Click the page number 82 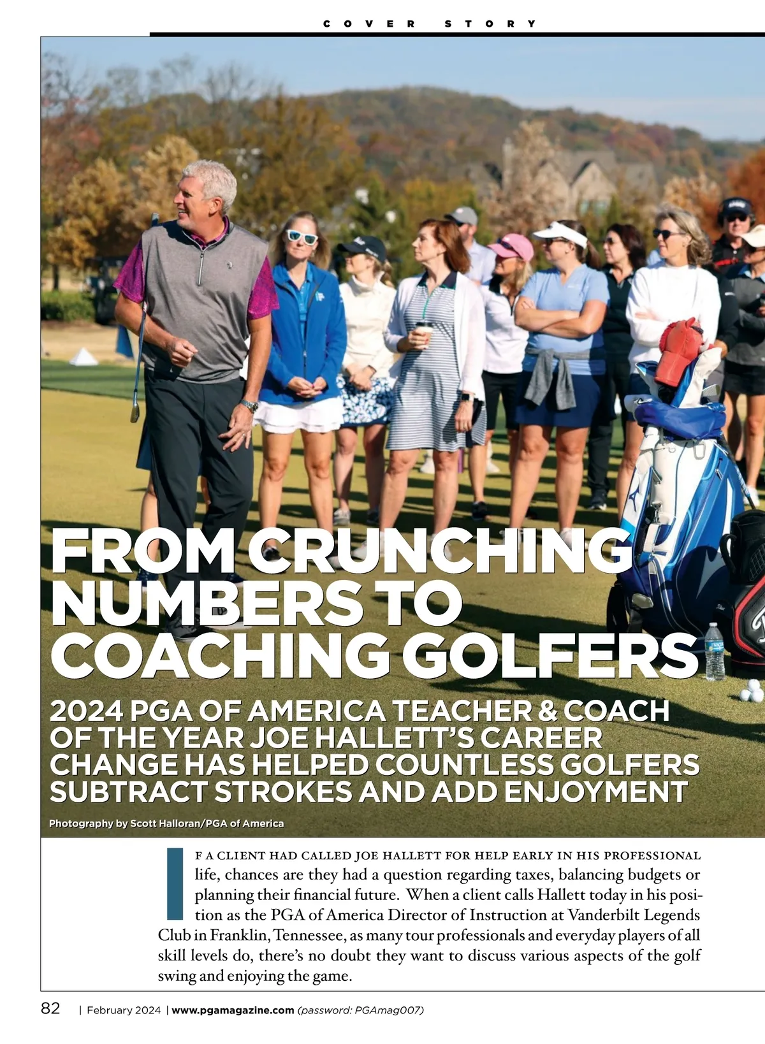50,1008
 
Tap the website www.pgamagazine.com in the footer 233,1010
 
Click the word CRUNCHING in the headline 440,551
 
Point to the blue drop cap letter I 174,883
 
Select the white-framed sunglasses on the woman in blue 302,237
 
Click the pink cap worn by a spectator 513,246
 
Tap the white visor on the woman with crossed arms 560,235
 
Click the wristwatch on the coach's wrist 249,405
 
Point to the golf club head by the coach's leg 135,412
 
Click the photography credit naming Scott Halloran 166,823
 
